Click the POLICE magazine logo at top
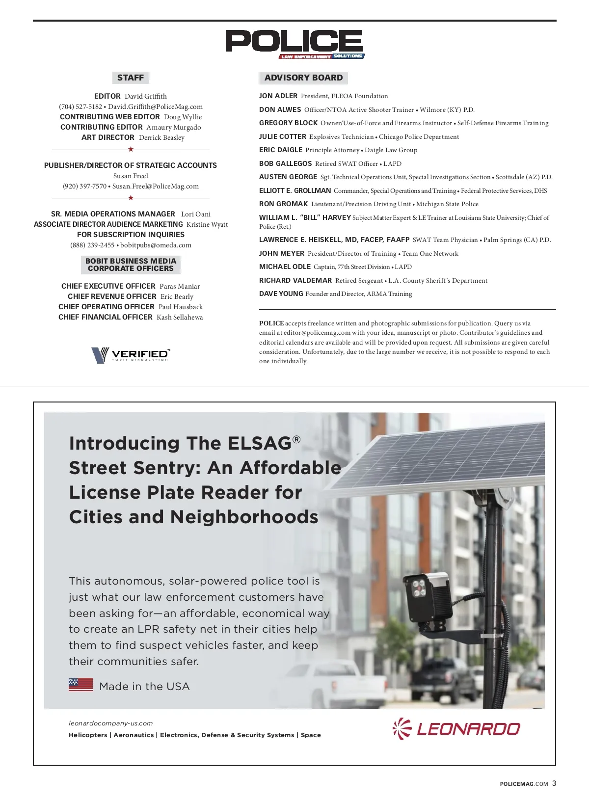[294, 43]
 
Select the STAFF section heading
[131, 78]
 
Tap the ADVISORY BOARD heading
[303, 78]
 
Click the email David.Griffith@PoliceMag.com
[155, 107]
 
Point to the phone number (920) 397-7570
[84, 186]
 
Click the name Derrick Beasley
[161, 137]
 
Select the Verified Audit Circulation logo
[131, 354]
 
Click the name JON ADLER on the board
[278, 96]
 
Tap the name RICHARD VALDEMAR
[295, 280]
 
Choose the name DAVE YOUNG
[281, 294]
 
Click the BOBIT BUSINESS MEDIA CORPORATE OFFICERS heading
[131, 265]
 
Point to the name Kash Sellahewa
[180, 317]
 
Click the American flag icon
[80, 685]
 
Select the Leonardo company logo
[456, 728]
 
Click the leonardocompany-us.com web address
[110, 723]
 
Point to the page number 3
[554, 783]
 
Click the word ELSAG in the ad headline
[260, 443]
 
